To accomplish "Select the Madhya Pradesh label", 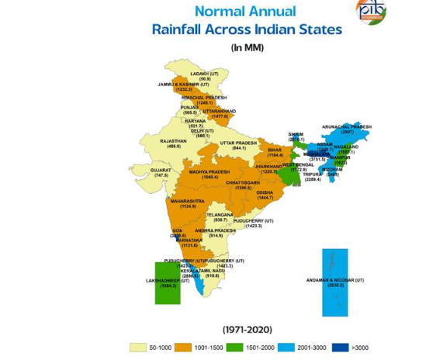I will tap(209, 174).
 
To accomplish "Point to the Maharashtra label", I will tap(188, 203).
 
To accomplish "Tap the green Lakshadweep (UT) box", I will tap(168, 284).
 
